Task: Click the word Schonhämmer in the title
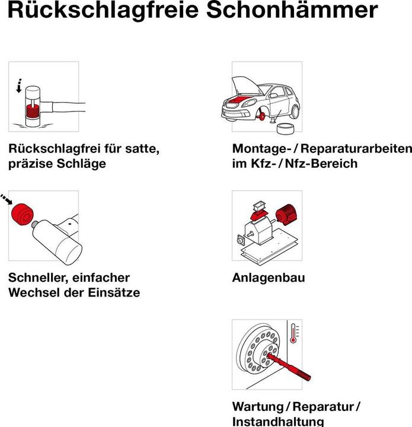(303, 11)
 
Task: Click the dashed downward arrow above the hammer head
(20, 85)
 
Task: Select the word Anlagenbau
(268, 278)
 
